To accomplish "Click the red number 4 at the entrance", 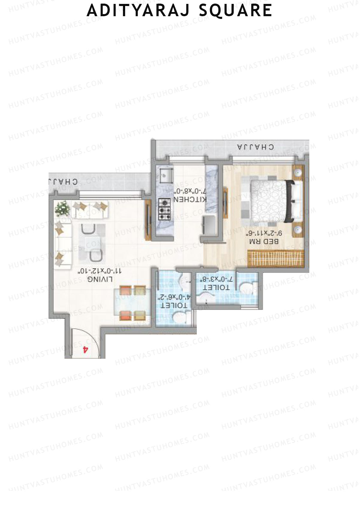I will point(85,349).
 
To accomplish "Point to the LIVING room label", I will point(100,279).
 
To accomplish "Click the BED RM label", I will point(264,241).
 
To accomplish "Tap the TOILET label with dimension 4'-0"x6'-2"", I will point(174,306).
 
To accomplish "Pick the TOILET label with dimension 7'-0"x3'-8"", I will point(217,287).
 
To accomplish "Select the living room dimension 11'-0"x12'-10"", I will point(100,271).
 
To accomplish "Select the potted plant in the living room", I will point(63,208).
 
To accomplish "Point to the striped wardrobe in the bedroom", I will point(276,259).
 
